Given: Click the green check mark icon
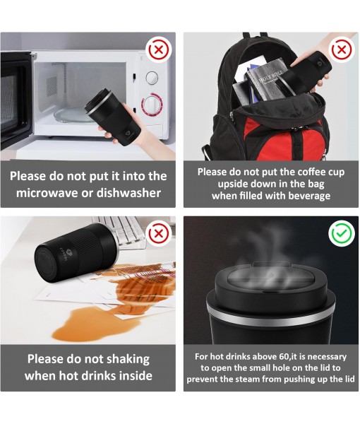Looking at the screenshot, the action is tap(342, 233).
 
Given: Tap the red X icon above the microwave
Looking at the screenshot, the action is tap(159, 49).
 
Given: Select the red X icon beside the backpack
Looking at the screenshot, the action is tap(342, 49).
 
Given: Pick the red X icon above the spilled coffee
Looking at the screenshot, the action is tap(159, 233).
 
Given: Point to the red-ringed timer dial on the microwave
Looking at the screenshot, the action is tap(152, 105).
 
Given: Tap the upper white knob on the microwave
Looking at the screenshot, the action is tap(152, 78).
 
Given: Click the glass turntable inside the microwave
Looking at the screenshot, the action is tap(71, 115).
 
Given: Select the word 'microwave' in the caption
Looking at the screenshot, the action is tap(47, 193).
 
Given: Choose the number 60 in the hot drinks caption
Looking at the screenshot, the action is tap(284, 357).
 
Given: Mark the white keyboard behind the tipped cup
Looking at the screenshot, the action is tap(123, 230).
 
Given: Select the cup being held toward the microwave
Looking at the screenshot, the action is tap(114, 117).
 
